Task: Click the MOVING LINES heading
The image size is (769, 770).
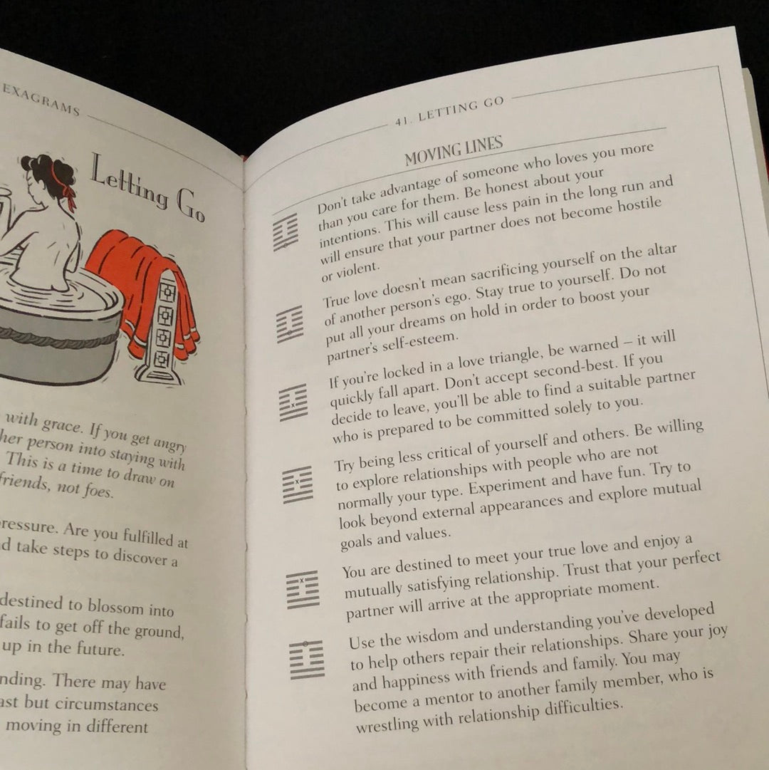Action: pyautogui.click(x=454, y=150)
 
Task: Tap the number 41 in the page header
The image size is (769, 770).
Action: pyautogui.click(x=402, y=122)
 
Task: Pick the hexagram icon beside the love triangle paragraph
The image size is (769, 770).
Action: pyautogui.click(x=293, y=402)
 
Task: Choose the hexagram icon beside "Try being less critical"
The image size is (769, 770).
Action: pyautogui.click(x=297, y=484)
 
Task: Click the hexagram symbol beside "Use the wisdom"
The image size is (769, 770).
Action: pyautogui.click(x=307, y=659)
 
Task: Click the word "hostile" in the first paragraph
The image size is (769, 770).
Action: pyautogui.click(x=637, y=206)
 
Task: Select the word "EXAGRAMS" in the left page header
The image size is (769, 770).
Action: pyautogui.click(x=41, y=98)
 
